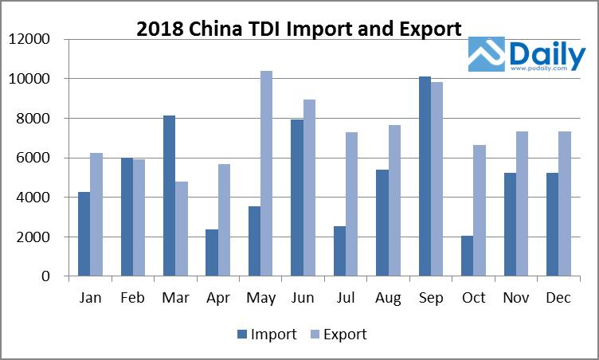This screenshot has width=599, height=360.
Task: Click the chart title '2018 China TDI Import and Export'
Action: coord(299,29)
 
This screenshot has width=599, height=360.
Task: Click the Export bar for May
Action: coord(266,174)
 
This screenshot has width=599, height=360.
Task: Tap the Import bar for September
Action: coord(425,177)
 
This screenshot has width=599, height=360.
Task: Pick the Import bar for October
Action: coord(467,256)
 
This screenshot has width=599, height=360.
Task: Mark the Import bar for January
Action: coord(84,234)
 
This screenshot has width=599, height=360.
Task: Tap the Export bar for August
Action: coord(393,201)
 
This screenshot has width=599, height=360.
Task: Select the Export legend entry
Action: coord(339,335)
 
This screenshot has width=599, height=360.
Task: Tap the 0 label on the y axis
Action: coord(46,276)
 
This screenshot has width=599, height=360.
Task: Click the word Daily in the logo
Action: coord(546,54)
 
